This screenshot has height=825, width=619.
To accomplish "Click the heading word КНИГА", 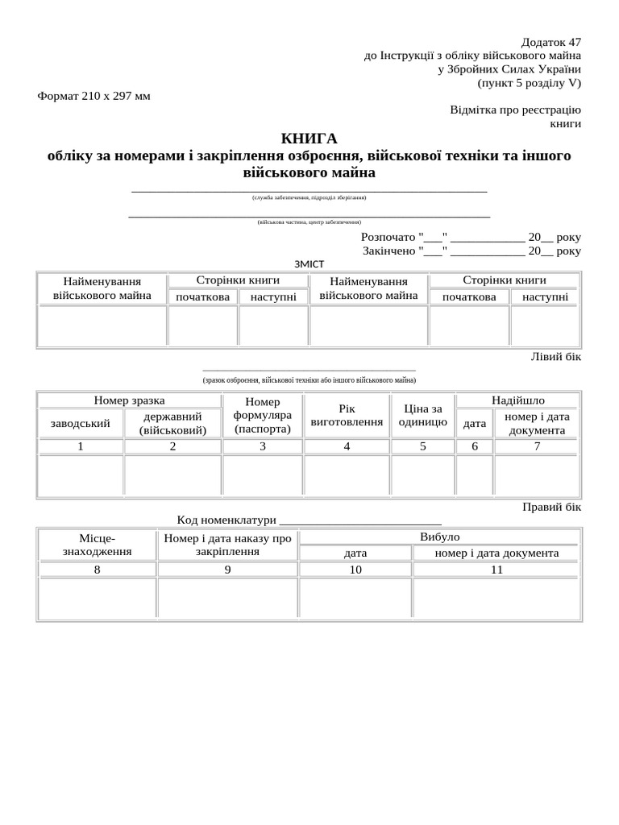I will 309,139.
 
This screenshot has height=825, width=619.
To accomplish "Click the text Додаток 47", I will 550,42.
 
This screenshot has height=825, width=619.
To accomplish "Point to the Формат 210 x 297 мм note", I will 93,97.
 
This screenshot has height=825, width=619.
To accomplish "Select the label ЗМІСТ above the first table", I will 309,263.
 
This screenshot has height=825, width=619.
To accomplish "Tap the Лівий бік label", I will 555,357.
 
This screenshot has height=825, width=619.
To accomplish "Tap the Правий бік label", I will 551,508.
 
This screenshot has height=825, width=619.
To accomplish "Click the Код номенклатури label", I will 226,520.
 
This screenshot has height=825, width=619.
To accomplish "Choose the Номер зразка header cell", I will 129,400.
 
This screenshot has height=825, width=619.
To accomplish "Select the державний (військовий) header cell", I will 172,423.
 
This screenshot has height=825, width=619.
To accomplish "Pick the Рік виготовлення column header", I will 347,416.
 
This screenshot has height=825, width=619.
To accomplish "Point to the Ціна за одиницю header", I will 423,416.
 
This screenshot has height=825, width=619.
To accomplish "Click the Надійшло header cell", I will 517,400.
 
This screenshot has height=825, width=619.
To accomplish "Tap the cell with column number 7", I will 537,446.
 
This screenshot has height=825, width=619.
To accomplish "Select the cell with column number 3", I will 263,446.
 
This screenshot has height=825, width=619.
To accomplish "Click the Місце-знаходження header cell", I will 98,545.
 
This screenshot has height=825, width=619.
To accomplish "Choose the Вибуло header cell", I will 439,537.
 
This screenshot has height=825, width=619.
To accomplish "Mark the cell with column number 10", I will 355,570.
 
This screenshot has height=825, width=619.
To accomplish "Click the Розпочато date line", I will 471,238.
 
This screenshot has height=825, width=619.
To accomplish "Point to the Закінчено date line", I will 471,251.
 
